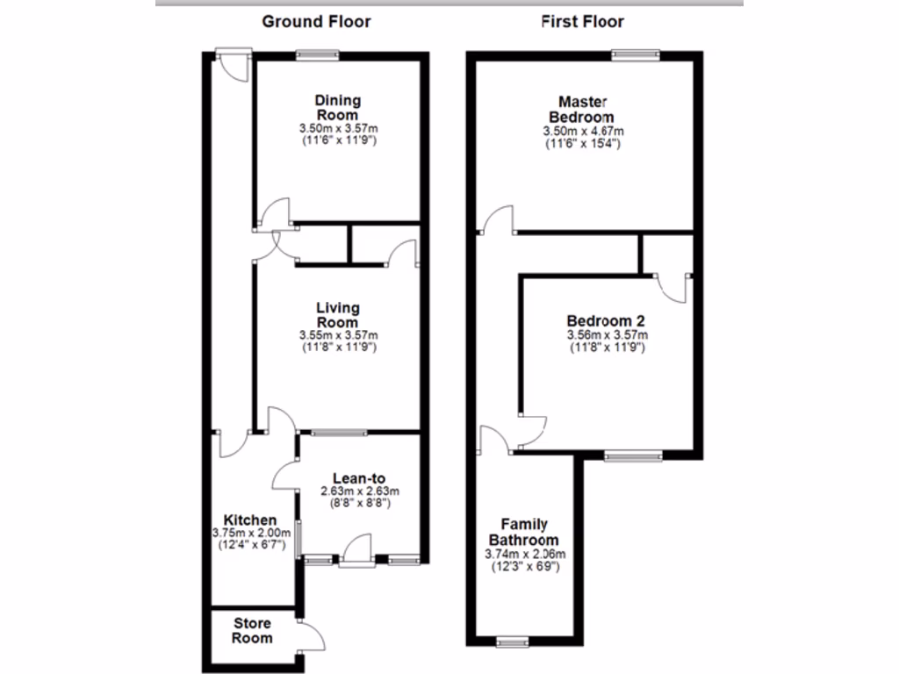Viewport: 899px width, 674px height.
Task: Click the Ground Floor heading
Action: (x=316, y=22)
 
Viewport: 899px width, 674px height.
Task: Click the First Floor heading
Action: (x=583, y=22)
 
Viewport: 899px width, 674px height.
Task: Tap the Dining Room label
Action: (x=338, y=108)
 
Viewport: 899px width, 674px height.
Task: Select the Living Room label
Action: (x=338, y=315)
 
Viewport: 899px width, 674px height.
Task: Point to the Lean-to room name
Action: (x=360, y=478)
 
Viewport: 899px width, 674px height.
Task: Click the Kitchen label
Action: (x=250, y=520)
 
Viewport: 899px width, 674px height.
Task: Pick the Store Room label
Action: (x=253, y=631)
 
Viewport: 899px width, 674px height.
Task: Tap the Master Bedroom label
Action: (x=581, y=109)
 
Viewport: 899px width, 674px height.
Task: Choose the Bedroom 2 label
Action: (x=607, y=320)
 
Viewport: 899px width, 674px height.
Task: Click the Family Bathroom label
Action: (x=524, y=533)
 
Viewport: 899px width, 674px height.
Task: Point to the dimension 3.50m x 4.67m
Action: (x=583, y=131)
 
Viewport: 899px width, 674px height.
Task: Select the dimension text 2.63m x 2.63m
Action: (x=360, y=491)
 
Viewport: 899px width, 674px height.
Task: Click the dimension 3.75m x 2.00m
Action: (x=251, y=533)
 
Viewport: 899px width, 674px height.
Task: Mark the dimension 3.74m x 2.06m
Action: (x=524, y=554)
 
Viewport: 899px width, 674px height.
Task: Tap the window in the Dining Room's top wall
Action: (x=317, y=55)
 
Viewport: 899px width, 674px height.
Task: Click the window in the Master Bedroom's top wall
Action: (x=636, y=55)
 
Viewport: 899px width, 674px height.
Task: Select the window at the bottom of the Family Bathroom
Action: (x=510, y=642)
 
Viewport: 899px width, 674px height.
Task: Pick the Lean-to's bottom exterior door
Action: (x=357, y=553)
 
